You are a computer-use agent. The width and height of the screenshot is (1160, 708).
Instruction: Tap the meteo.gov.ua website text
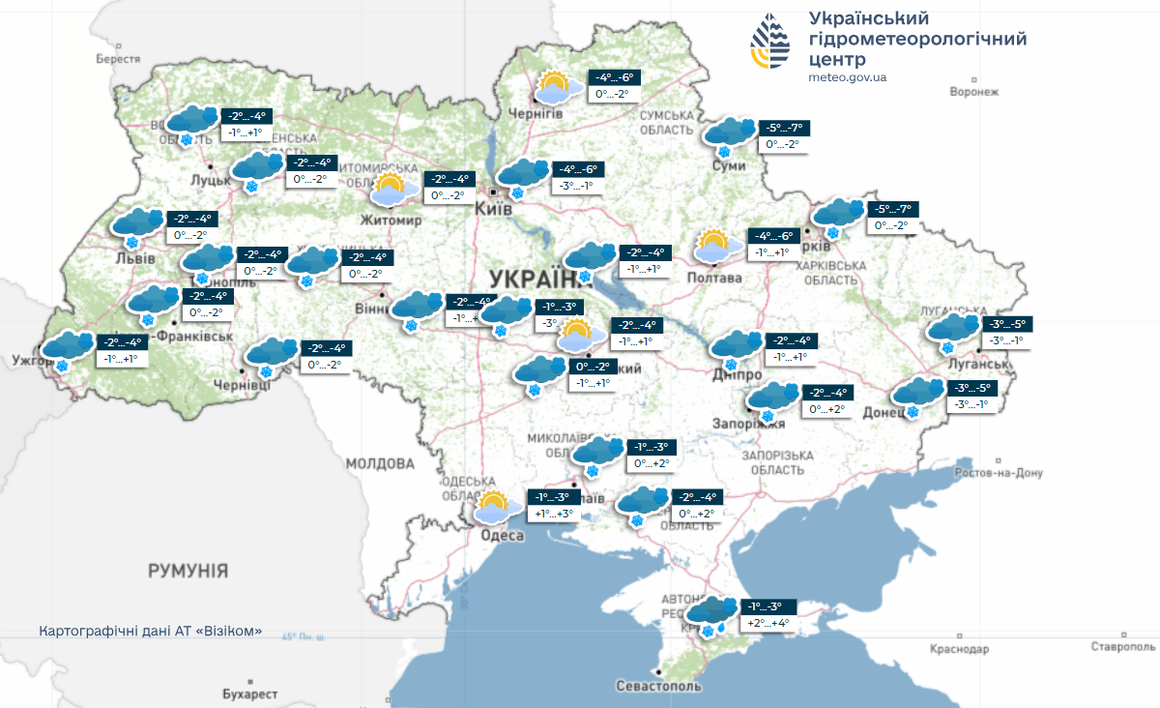pos(848,77)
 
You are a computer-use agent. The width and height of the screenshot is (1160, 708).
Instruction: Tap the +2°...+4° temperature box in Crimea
pos(768,624)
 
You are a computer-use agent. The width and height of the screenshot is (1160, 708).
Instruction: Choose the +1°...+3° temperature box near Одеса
pos(552,515)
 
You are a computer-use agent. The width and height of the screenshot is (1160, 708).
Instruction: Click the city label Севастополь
pos(657,686)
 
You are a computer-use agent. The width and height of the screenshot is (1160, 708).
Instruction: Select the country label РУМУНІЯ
pos(188,571)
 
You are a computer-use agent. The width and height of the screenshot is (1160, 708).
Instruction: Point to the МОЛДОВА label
pos(380,464)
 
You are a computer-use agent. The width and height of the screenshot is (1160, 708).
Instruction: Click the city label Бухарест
pos(249,694)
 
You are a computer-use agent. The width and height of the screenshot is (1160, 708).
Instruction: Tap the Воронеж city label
pos(973,92)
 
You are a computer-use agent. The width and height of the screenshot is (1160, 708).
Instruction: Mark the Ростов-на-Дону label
pos(999,474)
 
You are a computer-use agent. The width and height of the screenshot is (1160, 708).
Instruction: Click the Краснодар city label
pos(959,649)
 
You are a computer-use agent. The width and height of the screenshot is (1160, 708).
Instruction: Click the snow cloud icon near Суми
pos(730,135)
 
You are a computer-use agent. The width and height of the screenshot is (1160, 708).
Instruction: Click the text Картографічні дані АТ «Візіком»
pos(150,631)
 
